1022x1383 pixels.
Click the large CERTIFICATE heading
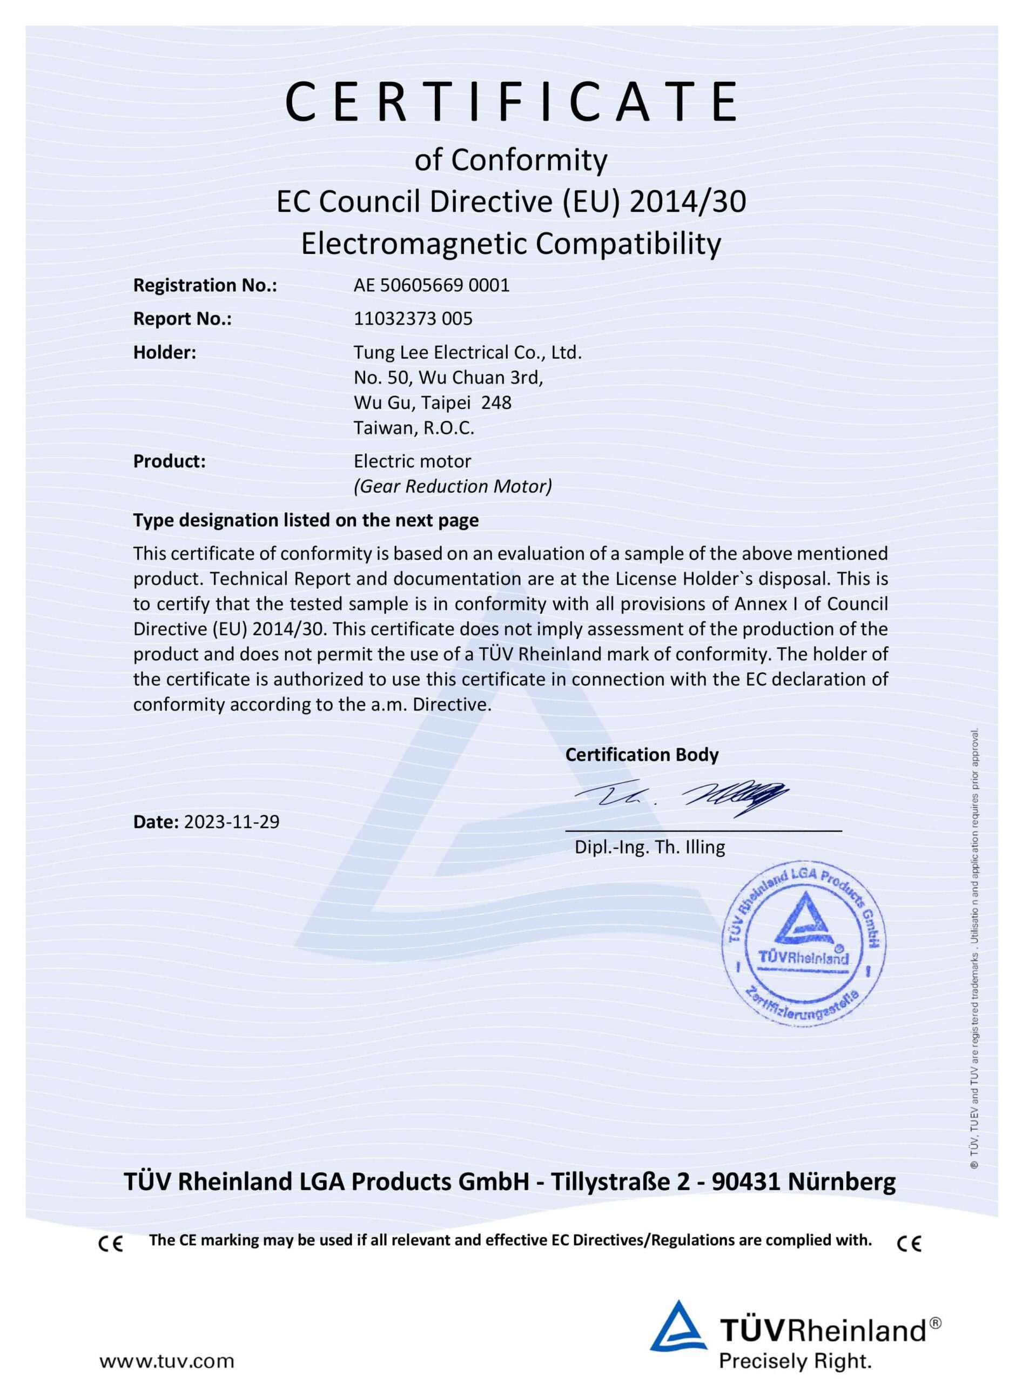click(x=511, y=102)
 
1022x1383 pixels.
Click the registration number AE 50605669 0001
click(x=431, y=285)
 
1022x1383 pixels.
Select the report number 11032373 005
click(x=413, y=319)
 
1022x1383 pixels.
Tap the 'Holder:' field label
click(x=165, y=353)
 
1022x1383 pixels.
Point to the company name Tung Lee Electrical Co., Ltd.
click(x=468, y=353)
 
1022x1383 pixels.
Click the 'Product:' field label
click(x=169, y=461)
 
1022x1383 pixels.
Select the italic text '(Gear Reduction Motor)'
click(x=453, y=486)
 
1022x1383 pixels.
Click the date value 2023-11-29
click(x=231, y=822)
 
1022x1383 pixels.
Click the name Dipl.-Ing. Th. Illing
click(x=650, y=847)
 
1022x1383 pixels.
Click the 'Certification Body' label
click(x=642, y=755)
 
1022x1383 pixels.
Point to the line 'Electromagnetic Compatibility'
click(x=511, y=244)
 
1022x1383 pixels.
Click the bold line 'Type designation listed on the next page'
click(x=306, y=520)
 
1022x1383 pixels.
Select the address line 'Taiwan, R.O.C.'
click(x=413, y=427)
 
